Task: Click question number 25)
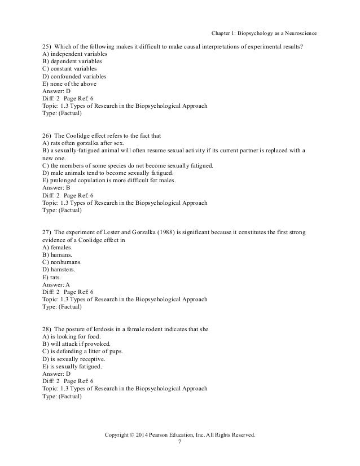point(47,46)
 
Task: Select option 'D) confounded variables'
point(74,76)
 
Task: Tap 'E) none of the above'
point(69,83)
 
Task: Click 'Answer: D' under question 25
point(56,91)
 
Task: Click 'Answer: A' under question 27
point(56,284)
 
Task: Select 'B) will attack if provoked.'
point(79,344)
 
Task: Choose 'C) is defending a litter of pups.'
point(83,351)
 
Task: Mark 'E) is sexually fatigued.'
point(72,366)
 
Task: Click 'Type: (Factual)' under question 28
point(62,395)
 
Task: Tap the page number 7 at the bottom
point(179,443)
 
